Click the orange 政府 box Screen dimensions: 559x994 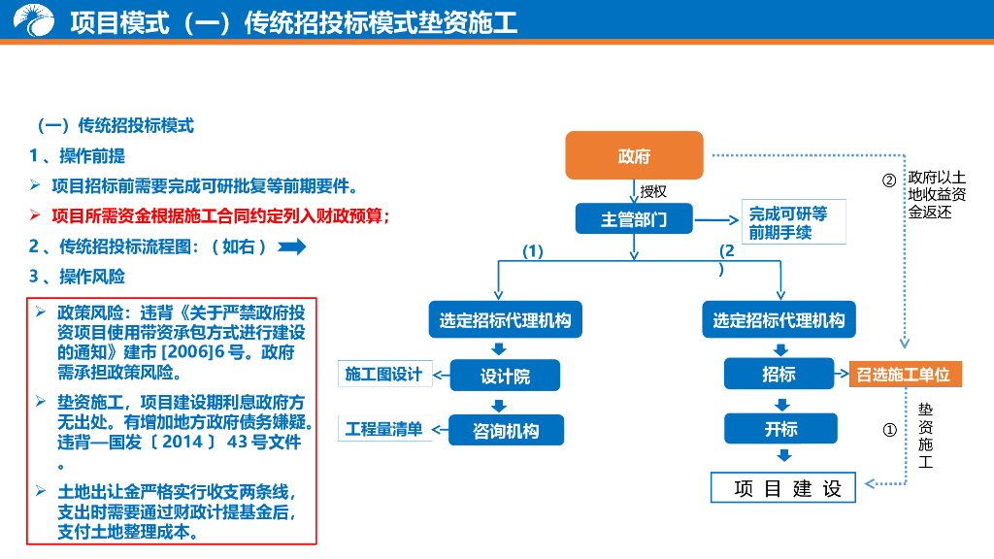(634, 155)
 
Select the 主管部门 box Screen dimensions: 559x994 (634, 219)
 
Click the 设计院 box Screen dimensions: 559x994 (505, 376)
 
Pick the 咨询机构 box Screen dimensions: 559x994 (505, 430)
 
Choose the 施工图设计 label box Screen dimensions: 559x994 (383, 374)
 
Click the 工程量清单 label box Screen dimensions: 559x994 (383, 428)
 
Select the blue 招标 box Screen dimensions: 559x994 (779, 374)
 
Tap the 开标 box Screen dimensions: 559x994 (779, 428)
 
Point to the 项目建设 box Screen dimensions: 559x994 (784, 488)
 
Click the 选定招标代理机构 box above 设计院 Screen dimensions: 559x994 (505, 319)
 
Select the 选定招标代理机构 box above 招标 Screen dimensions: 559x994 (779, 319)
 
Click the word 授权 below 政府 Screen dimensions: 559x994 (653, 191)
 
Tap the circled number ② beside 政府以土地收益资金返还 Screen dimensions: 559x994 (888, 180)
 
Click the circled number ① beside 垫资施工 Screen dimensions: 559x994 (888, 430)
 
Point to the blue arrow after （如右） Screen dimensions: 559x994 (292, 247)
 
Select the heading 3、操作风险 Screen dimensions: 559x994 (77, 277)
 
